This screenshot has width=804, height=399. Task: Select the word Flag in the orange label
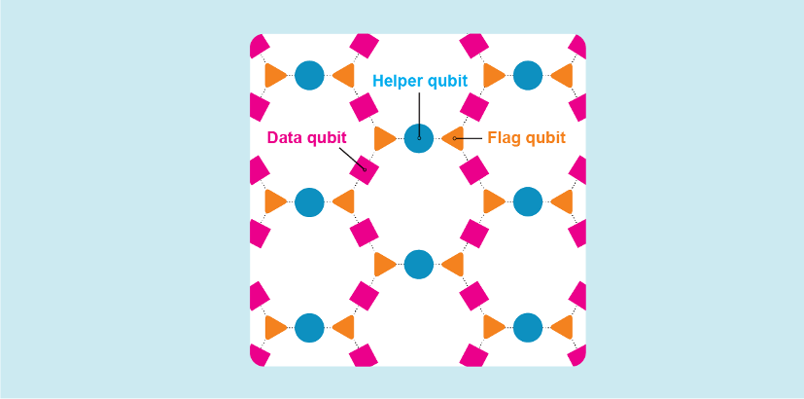[x=505, y=138]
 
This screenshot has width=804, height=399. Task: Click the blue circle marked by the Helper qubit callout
[x=418, y=138]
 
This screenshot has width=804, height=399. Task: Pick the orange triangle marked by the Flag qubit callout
[x=452, y=138]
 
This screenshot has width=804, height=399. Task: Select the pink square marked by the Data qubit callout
[x=364, y=169]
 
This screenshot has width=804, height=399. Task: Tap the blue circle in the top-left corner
[x=309, y=75]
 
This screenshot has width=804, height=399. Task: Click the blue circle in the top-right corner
[x=527, y=75]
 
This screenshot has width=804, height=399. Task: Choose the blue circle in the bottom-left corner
[x=309, y=328]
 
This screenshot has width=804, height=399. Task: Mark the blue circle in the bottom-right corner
[x=527, y=328]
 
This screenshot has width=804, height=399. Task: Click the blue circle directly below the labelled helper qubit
[x=418, y=264]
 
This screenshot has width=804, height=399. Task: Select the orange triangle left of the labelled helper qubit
[x=385, y=138]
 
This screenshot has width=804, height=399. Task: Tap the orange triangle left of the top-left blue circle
[x=275, y=75]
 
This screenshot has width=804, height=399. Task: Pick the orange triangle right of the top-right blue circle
[x=561, y=75]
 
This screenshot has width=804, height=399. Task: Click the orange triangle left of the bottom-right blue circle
[x=494, y=328]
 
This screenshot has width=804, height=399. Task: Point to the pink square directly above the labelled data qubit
[x=364, y=106]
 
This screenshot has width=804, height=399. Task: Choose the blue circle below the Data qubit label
[x=309, y=201]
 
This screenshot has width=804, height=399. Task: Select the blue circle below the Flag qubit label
[x=527, y=201]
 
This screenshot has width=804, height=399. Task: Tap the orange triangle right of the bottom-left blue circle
[x=342, y=328]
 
